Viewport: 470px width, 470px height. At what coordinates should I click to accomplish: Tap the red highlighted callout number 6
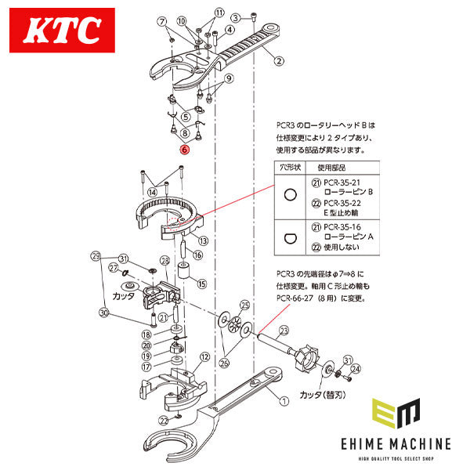(183, 149)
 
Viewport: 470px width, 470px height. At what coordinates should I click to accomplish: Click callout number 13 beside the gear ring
(202, 240)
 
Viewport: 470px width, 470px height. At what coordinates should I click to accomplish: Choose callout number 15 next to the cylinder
(202, 284)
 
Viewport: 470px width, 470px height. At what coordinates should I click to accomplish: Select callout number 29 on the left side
(96, 256)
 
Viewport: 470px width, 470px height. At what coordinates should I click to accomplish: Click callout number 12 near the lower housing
(204, 356)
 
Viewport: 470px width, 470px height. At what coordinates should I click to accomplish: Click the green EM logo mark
(396, 413)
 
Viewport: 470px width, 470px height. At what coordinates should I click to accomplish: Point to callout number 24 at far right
(356, 368)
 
